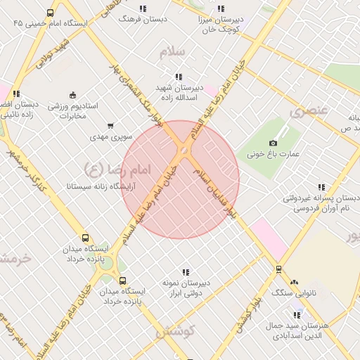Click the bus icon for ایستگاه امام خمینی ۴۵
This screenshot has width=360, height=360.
pos(50,13)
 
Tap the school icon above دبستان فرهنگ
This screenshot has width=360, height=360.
pos(143,8)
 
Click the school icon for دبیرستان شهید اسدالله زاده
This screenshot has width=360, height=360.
pos(179,77)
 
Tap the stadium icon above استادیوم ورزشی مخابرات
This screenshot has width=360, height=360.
pos(73,95)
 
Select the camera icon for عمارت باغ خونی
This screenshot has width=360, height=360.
pos(273,143)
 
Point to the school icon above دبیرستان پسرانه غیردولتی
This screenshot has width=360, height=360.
pos(321,187)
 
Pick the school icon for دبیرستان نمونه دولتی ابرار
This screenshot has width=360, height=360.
pos(186,271)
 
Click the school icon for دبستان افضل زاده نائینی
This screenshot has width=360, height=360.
pos(16,93)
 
